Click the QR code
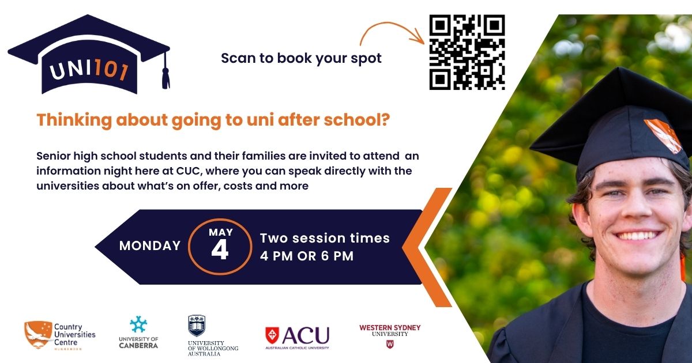click(x=467, y=52)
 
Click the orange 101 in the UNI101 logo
click(x=111, y=71)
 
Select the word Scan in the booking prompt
click(x=238, y=58)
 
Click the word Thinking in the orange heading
click(x=74, y=120)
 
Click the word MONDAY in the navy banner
click(x=150, y=245)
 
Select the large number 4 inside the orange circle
click(x=220, y=249)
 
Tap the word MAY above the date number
click(x=221, y=232)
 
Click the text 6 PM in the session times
click(x=337, y=256)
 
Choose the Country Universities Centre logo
click(x=60, y=335)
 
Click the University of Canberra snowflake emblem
click(x=138, y=324)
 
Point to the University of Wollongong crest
click(x=197, y=326)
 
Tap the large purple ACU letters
click(x=306, y=335)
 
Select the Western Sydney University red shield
click(x=390, y=344)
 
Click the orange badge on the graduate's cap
click(x=663, y=135)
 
